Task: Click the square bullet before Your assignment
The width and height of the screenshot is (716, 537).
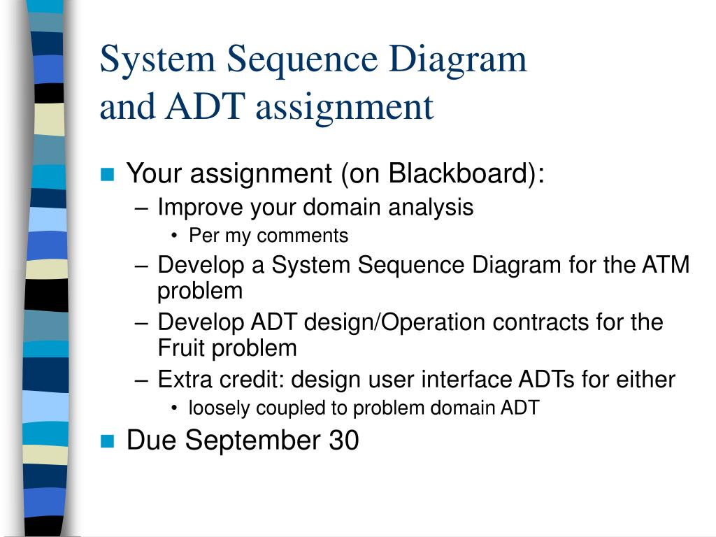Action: coord(107,174)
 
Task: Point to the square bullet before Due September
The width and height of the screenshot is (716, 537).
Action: coord(107,441)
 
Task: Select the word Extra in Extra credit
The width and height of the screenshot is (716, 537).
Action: coord(180,380)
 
